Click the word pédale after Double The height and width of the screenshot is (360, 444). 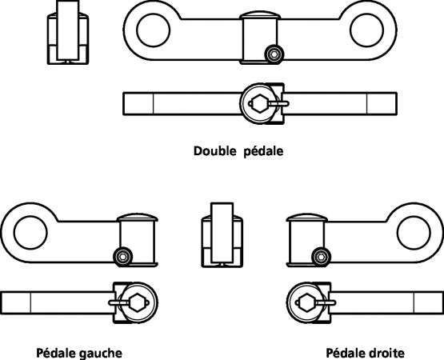[263, 151]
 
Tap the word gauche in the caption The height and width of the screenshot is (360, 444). [101, 354]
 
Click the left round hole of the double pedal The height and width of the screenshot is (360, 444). [153, 30]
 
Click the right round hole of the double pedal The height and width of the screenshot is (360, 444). [366, 30]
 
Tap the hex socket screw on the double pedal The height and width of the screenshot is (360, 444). [274, 54]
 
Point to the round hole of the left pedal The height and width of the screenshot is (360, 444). [30, 233]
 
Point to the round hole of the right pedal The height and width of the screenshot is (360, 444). [414, 233]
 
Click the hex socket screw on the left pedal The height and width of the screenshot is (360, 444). [123, 257]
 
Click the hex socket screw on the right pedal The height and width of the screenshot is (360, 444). [321, 257]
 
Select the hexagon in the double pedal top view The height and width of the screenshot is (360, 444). [260, 104]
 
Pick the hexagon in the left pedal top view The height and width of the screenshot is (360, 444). [138, 302]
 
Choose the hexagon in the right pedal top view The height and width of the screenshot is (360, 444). [306, 302]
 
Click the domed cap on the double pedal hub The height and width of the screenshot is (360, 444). [260, 15]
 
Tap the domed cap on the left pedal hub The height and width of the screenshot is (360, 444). [138, 218]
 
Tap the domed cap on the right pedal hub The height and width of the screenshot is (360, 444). [306, 218]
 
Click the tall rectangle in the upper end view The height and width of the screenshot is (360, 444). [68, 30]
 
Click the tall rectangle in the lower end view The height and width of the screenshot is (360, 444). [222, 233]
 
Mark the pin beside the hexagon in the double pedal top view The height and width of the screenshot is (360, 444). [278, 104]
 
